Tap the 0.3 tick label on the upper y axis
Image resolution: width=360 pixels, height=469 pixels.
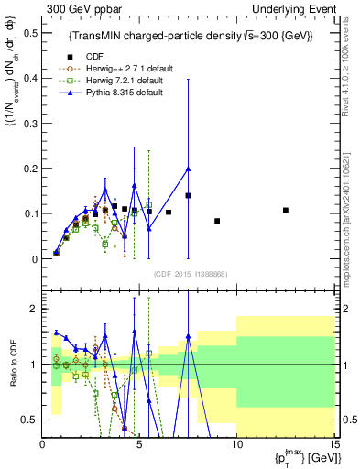[x=29, y=124]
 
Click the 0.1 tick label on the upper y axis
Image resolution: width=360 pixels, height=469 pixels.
[x=29, y=213]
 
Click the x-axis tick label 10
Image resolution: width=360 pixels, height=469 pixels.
[x=235, y=444]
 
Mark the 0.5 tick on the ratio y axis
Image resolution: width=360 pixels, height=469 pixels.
[x=29, y=420]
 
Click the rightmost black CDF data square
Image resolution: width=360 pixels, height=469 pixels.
[x=286, y=210]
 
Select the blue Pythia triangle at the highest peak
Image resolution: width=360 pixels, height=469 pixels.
[x=188, y=169]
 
